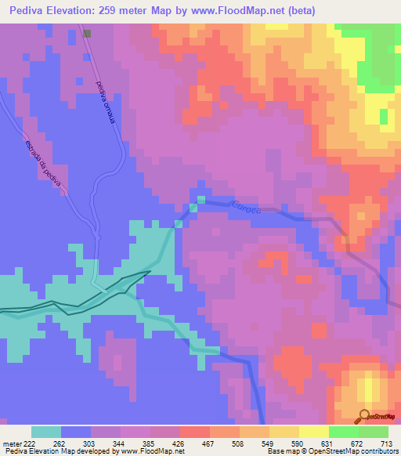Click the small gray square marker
pos(86,34)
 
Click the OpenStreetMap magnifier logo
pos(363,415)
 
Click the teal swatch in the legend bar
pos(45,432)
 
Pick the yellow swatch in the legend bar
pos(284,432)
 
